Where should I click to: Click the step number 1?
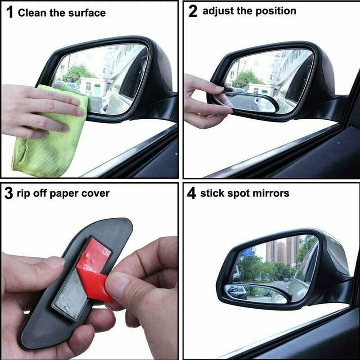9,12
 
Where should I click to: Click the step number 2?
193,11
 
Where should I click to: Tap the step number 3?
9,194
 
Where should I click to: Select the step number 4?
192,194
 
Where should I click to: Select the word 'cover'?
95,193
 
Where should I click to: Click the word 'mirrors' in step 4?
271,193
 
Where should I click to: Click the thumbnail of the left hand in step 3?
53,262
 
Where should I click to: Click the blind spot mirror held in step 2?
252,101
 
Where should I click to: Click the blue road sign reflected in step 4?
246,252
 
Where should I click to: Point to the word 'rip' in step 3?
25,194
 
